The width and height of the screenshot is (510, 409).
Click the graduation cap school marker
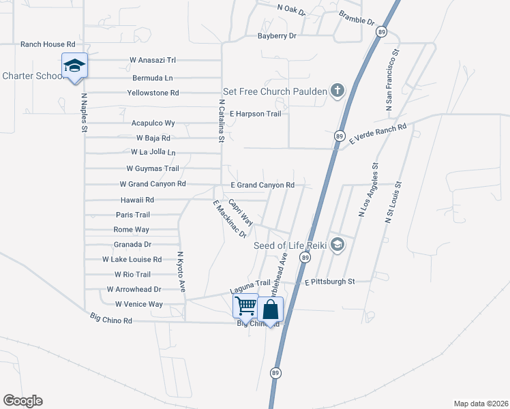pyautogui.click(x=74, y=66)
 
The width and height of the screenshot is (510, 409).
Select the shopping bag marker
pyautogui.click(x=271, y=309)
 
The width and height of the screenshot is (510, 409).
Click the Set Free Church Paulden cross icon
pyautogui.click(x=336, y=91)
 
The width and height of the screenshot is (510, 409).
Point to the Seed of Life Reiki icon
pyautogui.click(x=336, y=245)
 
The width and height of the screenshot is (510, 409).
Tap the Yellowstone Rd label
pyautogui.click(x=153, y=93)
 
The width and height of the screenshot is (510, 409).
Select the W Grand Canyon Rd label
pyautogui.click(x=153, y=184)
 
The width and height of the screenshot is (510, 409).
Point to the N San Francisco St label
pyautogui.click(x=392, y=80)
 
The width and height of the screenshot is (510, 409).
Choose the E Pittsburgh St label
pyautogui.click(x=330, y=281)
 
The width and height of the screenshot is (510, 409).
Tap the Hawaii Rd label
pyautogui.click(x=137, y=200)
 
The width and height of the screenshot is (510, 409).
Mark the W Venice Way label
pyautogui.click(x=139, y=304)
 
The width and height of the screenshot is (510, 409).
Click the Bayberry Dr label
pyautogui.click(x=277, y=35)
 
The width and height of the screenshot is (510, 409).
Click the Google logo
pyautogui.click(x=22, y=401)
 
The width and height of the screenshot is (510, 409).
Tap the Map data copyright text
pyautogui.click(x=480, y=404)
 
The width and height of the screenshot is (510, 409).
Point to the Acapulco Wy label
pyautogui.click(x=153, y=123)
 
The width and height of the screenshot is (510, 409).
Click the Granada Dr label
pyautogui.click(x=132, y=244)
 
